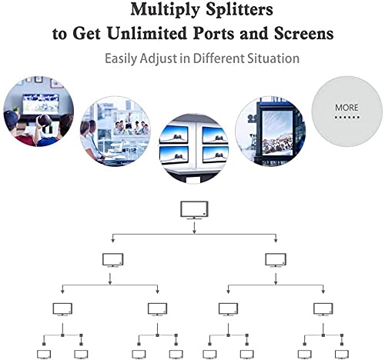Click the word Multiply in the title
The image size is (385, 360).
click(165, 11)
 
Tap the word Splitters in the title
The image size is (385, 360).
click(239, 9)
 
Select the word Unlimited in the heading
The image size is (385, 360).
click(147, 33)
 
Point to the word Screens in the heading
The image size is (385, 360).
click(304, 33)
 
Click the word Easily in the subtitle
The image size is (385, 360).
click(121, 58)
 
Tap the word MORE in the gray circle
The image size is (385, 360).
click(346, 108)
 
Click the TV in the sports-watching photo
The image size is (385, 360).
click(41, 103)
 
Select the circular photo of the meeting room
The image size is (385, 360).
click(115, 132)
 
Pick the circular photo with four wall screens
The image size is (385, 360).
click(194, 148)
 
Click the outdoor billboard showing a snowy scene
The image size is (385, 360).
click(277, 132)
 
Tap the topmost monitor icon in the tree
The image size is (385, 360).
click(194, 210)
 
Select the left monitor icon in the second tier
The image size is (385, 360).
click(113, 260)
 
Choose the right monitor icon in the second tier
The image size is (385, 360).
click(276, 260)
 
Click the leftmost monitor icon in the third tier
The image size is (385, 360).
click(62, 309)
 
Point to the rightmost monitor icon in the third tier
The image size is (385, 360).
click(323, 309)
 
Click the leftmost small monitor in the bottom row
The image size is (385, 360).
click(44, 355)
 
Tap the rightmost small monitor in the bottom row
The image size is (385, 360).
click(342, 355)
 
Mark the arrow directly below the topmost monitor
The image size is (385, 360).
click(194, 228)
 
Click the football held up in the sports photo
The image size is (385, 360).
click(44, 120)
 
